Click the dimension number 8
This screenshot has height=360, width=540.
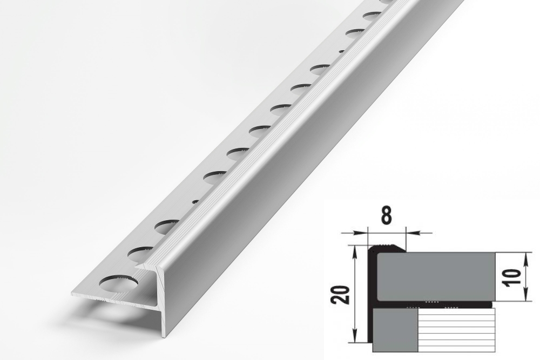tap(387, 216)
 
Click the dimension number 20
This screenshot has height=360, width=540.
tap(341, 295)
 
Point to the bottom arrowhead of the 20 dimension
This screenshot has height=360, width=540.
tap(355, 338)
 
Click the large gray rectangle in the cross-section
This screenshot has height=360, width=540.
tap(436, 277)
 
